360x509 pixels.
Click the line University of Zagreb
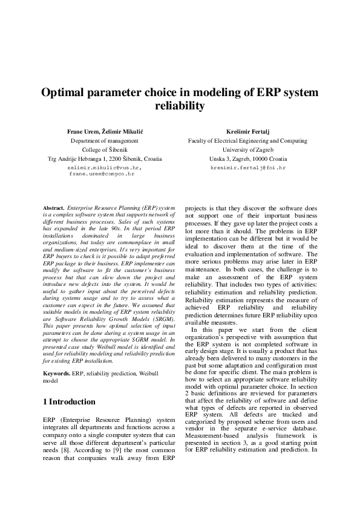248,149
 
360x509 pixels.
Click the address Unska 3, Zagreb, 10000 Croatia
248,158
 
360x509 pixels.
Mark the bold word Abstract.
54,207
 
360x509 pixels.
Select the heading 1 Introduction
69,401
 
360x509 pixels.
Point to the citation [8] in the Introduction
70,450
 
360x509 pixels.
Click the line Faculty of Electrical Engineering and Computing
248,140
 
